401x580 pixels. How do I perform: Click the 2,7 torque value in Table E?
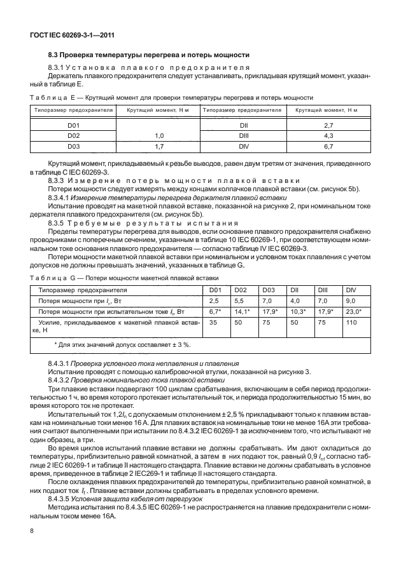point(329,126)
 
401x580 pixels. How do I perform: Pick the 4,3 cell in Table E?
point(329,136)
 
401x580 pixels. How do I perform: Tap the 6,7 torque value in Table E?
point(329,146)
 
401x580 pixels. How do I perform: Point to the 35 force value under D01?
point(213,322)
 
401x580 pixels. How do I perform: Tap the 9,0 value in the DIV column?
point(349,300)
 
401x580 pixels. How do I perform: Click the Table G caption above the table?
point(124,278)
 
